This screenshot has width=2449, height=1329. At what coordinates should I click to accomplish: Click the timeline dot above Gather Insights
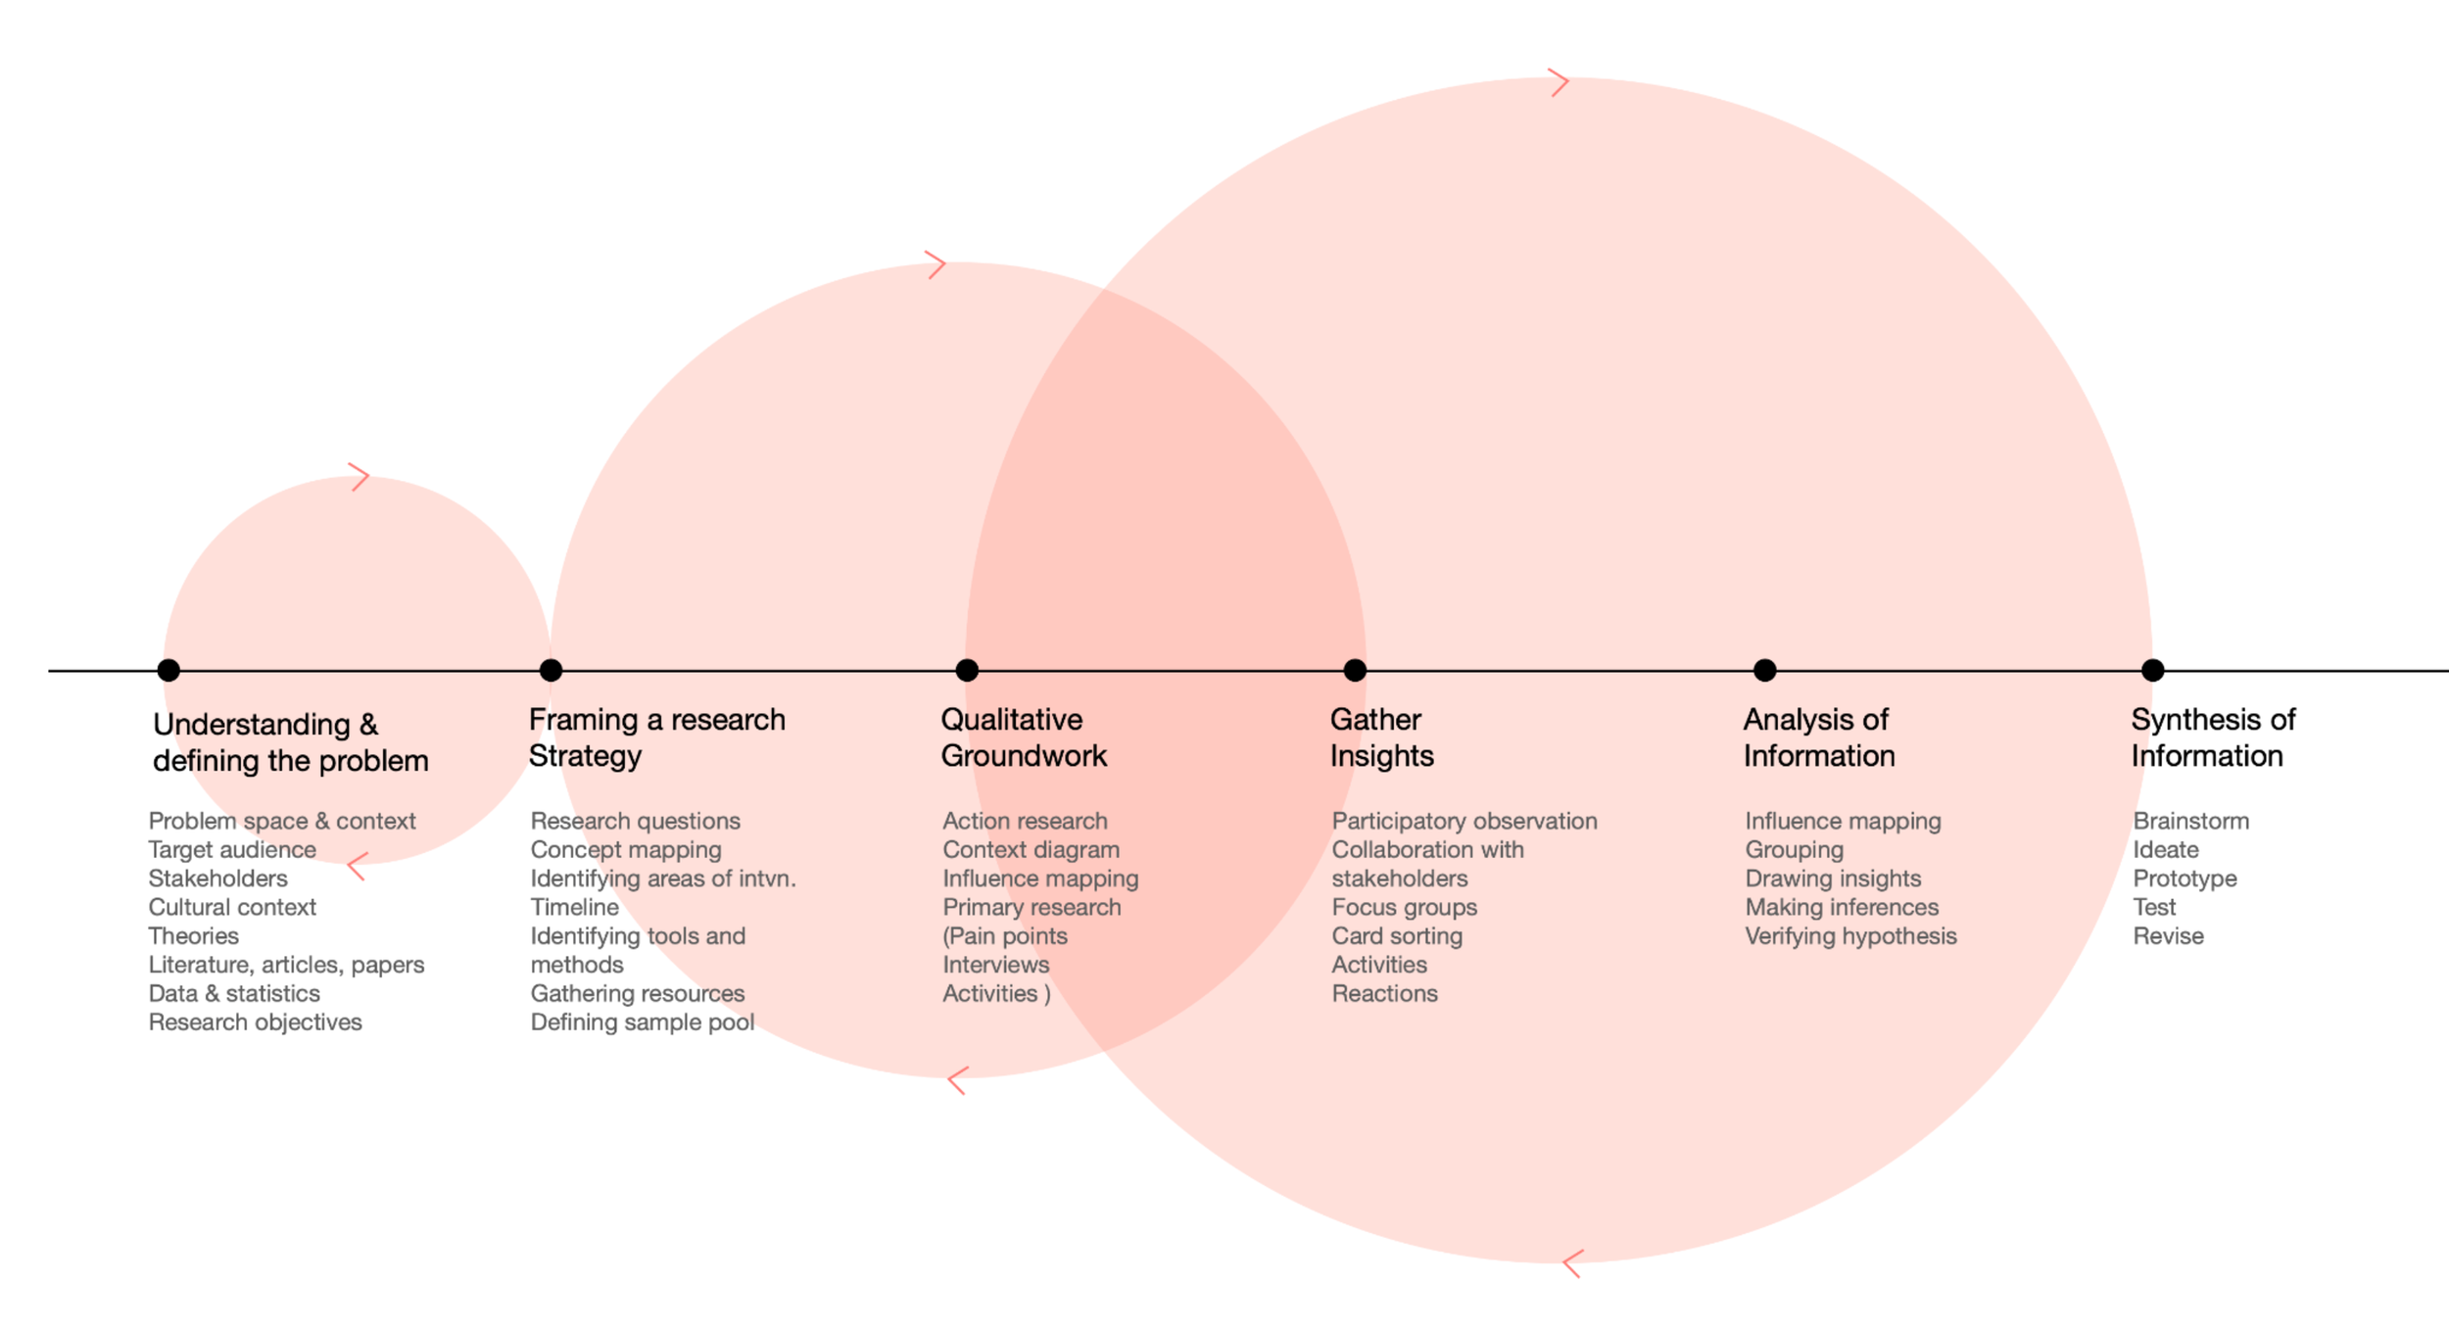pyautogui.click(x=1355, y=670)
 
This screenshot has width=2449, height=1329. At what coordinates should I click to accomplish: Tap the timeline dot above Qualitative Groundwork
pyautogui.click(x=967, y=670)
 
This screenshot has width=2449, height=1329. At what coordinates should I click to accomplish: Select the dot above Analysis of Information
pyautogui.click(x=1764, y=670)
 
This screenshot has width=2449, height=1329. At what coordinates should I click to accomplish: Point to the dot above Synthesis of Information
pyautogui.click(x=2152, y=670)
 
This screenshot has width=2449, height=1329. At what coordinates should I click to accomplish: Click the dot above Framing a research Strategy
pyautogui.click(x=551, y=670)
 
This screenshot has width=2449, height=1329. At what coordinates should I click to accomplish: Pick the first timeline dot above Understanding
pyautogui.click(x=168, y=670)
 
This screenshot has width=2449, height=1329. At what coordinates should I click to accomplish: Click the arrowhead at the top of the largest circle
pyautogui.click(x=1560, y=82)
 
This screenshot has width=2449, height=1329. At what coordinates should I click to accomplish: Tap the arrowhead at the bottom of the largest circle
pyautogui.click(x=1572, y=1263)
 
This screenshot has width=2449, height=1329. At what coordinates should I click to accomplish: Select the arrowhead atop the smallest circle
pyautogui.click(x=360, y=477)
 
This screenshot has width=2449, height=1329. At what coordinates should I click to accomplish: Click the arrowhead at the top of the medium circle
pyautogui.click(x=936, y=264)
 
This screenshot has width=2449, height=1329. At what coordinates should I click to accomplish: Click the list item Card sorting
pyautogui.click(x=1397, y=935)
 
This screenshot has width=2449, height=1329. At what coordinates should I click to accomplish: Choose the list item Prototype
pyautogui.click(x=2185, y=878)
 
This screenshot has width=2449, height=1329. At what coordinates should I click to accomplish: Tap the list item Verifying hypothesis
pyautogui.click(x=1850, y=935)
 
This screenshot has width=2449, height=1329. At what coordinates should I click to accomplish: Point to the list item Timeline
pyautogui.click(x=574, y=907)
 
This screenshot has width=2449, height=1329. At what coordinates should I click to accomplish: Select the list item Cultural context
pyautogui.click(x=232, y=907)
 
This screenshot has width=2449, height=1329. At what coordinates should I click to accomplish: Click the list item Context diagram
pyautogui.click(x=1031, y=849)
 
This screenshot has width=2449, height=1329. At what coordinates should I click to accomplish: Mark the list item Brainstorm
pyautogui.click(x=2190, y=821)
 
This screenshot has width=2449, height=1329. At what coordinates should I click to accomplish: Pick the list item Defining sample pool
pyautogui.click(x=642, y=1021)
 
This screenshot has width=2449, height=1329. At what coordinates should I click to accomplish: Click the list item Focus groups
pyautogui.click(x=1404, y=907)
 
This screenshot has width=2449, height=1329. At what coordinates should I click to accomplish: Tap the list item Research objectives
pyautogui.click(x=255, y=1021)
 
